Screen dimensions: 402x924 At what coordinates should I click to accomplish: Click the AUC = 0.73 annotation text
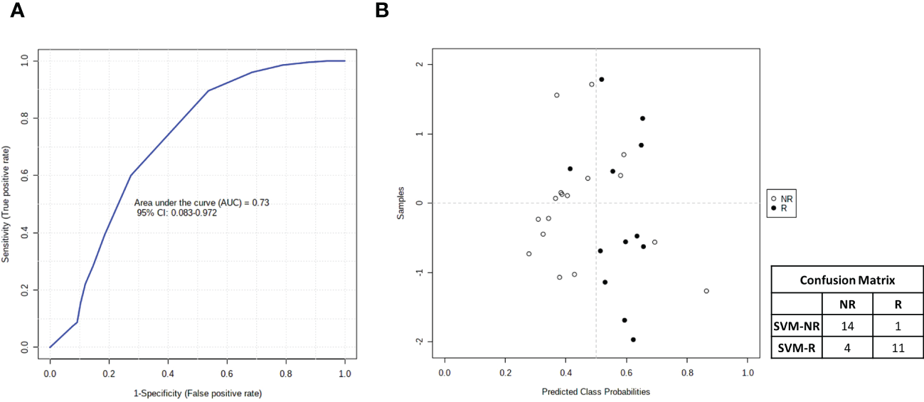coord(201,203)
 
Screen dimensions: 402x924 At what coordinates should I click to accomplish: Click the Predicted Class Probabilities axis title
coord(595,391)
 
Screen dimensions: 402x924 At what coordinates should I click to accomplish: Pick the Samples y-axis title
coord(401,203)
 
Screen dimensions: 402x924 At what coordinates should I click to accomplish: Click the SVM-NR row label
coord(796,327)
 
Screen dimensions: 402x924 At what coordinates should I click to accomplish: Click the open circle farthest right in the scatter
coord(706,291)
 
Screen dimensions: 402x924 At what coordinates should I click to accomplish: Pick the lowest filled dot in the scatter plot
coord(633,340)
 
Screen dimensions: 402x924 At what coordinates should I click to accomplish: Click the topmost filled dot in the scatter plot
coord(601,80)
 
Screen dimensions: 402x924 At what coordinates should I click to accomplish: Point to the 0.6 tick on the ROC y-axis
coord(26,176)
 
